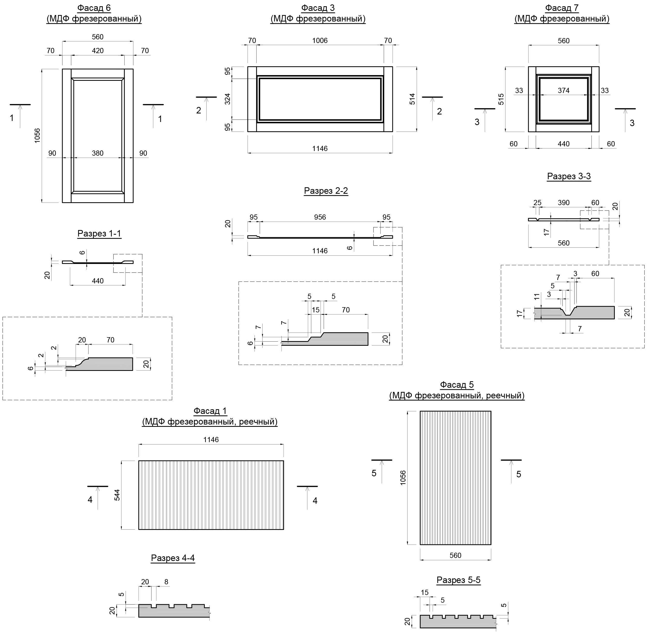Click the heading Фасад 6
pyautogui.click(x=94, y=8)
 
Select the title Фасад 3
pyautogui.click(x=318, y=8)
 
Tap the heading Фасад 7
pyautogui.click(x=562, y=8)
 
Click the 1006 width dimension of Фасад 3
pyautogui.click(x=320, y=41)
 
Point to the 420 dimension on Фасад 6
pyautogui.click(x=98, y=51)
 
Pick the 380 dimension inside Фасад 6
pyautogui.click(x=98, y=153)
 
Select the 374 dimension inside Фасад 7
pyautogui.click(x=563, y=90)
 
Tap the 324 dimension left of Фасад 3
pyautogui.click(x=228, y=99)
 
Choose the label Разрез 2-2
pyautogui.click(x=326, y=191)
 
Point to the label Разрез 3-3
pyautogui.click(x=569, y=176)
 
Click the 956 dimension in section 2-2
pyautogui.click(x=320, y=217)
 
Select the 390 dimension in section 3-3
pyautogui.click(x=563, y=203)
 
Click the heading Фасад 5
pyautogui.click(x=457, y=385)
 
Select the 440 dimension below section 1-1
pyautogui.click(x=98, y=281)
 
